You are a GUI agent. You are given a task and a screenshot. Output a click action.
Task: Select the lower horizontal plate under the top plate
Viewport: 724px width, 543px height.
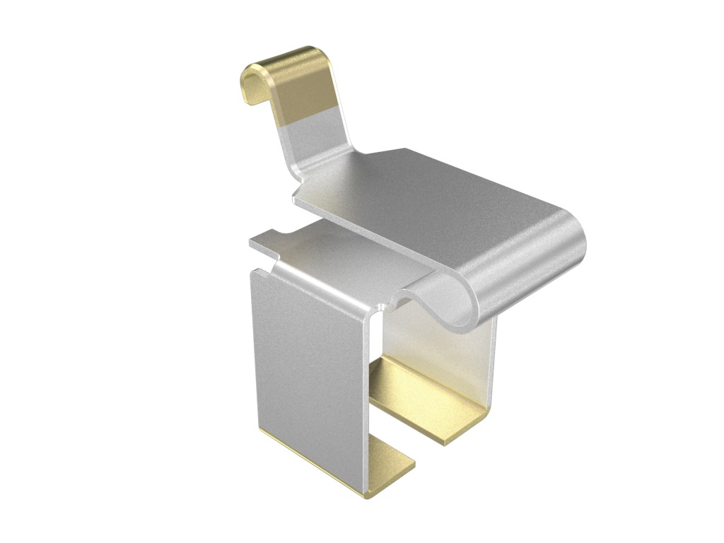pos(339,255)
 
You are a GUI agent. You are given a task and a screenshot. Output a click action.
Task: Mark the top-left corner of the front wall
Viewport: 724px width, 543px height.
pos(255,273)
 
